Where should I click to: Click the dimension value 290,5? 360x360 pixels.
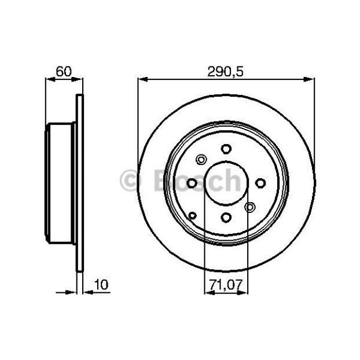(225, 71)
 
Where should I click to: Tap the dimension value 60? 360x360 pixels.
(64, 71)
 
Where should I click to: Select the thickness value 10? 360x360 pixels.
(101, 284)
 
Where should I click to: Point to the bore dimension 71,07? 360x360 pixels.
(226, 285)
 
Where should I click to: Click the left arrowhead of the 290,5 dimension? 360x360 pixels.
(142, 79)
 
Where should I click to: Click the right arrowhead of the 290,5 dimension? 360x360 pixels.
(309, 79)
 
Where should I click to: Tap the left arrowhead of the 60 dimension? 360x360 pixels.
(50, 79)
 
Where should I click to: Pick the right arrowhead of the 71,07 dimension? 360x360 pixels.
(243, 292)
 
